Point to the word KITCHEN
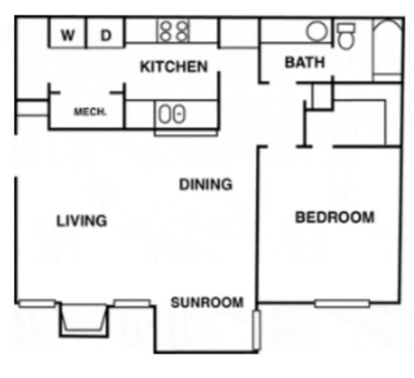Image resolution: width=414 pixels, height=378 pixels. tap(174, 67)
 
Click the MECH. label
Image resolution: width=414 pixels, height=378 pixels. tap(90, 112)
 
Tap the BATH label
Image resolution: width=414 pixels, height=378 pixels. tap(304, 62)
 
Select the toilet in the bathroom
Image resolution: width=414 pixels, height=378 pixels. tap(346, 36)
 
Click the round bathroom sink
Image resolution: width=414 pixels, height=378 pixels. tap(316, 31)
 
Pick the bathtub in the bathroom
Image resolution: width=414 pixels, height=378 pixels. tap(388, 50)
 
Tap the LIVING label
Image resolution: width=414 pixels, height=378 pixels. tap(82, 221)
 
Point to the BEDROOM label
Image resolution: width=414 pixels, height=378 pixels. tap(335, 217)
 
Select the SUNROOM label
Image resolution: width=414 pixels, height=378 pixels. tap(206, 303)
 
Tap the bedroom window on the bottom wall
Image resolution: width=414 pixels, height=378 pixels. tap(341, 303)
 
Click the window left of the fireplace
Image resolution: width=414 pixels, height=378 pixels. tap(37, 303)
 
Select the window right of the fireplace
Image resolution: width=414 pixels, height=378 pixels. tap(132, 303)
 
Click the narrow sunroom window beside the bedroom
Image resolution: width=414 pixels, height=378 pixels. tap(256, 330)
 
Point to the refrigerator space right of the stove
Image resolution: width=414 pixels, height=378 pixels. tap(239, 33)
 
